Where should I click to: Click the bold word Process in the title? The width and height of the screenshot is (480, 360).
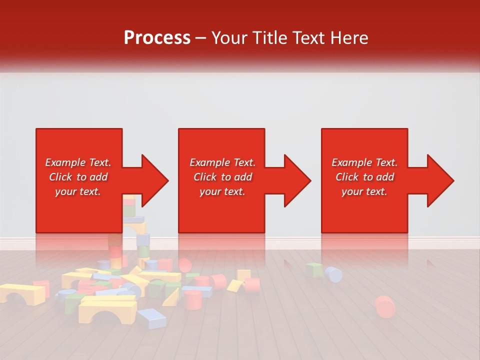[157, 38]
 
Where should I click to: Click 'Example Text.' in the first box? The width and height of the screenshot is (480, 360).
[78, 162]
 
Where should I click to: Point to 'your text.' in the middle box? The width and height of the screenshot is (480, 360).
[222, 191]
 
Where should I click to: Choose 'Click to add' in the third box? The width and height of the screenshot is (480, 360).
[364, 177]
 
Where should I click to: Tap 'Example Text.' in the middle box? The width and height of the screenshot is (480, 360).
[222, 162]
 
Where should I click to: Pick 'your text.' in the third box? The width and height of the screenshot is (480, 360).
[364, 191]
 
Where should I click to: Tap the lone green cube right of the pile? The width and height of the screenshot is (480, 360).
[314, 270]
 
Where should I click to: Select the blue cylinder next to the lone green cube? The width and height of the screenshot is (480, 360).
[333, 274]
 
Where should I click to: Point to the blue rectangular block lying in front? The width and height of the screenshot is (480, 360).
[151, 317]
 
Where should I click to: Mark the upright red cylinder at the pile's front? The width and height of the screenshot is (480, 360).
[192, 299]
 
